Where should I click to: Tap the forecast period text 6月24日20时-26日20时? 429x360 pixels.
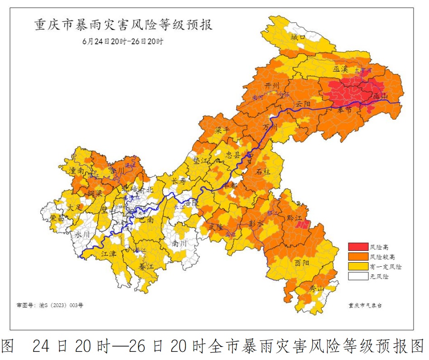tap(123, 41)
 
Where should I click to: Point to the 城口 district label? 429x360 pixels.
tap(298, 37)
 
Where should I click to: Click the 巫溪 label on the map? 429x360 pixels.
tap(340, 69)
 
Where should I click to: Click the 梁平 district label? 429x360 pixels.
tap(222, 130)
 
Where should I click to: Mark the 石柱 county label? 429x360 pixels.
tap(264, 172)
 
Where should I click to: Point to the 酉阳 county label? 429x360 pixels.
tap(302, 263)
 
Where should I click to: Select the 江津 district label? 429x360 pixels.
tap(109, 254)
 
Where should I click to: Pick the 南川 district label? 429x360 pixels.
tap(180, 243)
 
